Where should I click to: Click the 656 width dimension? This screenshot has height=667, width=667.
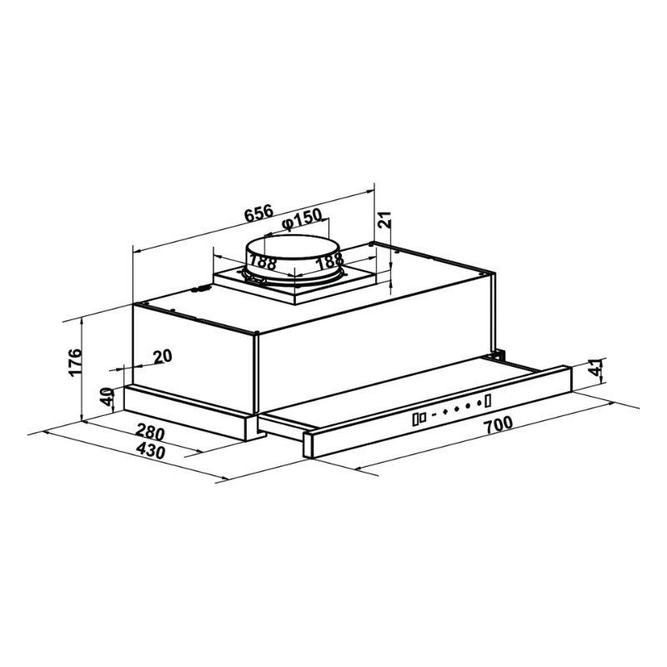point(258,213)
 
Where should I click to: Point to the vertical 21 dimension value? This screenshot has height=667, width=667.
point(385,219)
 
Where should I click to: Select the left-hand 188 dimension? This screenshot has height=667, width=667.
point(263,261)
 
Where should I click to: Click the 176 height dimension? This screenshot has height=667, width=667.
point(74,362)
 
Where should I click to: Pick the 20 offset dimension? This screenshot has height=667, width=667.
point(163,356)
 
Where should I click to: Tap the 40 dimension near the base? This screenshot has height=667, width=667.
point(107,396)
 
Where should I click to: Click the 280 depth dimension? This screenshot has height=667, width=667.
point(150,433)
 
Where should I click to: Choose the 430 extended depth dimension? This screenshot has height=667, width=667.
point(151,450)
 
